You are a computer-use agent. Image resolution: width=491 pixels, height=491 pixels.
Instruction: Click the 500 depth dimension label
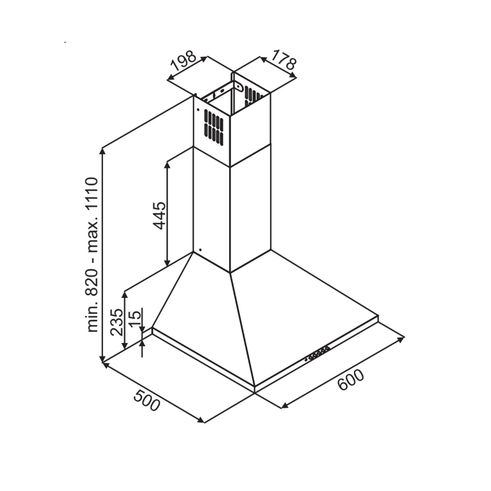click(147, 400)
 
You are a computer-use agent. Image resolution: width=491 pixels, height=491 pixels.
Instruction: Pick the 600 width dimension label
click(350, 380)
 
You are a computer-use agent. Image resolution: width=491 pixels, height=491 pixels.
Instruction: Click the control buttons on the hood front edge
click(317, 354)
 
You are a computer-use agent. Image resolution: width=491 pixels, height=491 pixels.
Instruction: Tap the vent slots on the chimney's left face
click(214, 128)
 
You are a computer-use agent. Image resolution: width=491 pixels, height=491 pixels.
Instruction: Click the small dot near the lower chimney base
click(200, 250)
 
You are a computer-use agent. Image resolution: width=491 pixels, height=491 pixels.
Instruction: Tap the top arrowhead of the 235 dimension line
click(124, 295)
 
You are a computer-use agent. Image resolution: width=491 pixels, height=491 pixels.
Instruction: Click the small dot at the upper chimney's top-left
click(198, 110)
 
